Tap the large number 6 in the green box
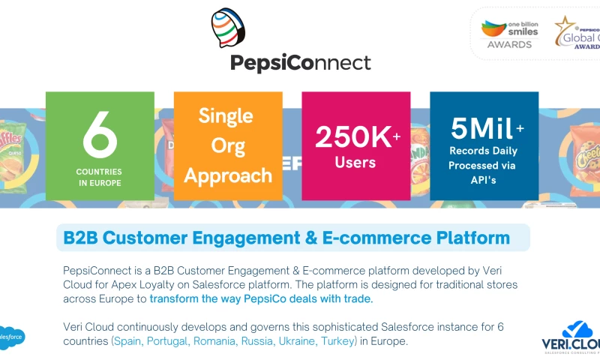(100, 136)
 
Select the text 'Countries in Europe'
(100, 177)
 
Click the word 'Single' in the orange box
(226, 116)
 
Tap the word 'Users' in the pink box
(355, 162)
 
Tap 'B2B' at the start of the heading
(80, 238)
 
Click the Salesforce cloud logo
(11, 338)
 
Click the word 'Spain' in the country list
(128, 341)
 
